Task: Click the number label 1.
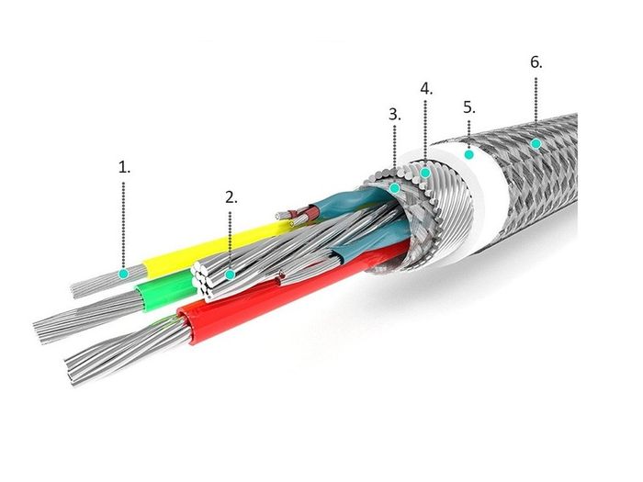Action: pos(124,167)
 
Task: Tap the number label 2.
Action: pos(231,197)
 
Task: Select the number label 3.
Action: pos(395,115)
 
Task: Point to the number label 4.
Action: pos(426,88)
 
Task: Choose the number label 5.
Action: pos(469,107)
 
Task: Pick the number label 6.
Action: pos(536,62)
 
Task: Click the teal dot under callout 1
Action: pos(123,274)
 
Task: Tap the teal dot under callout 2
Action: pos(231,275)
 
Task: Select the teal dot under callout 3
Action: pos(394,188)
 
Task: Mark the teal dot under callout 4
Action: pos(425,173)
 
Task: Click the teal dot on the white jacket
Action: pos(469,154)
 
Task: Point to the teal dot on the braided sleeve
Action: pos(536,143)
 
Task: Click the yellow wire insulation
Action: pos(213,249)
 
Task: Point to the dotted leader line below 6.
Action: pos(536,99)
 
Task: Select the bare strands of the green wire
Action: pos(88,318)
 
